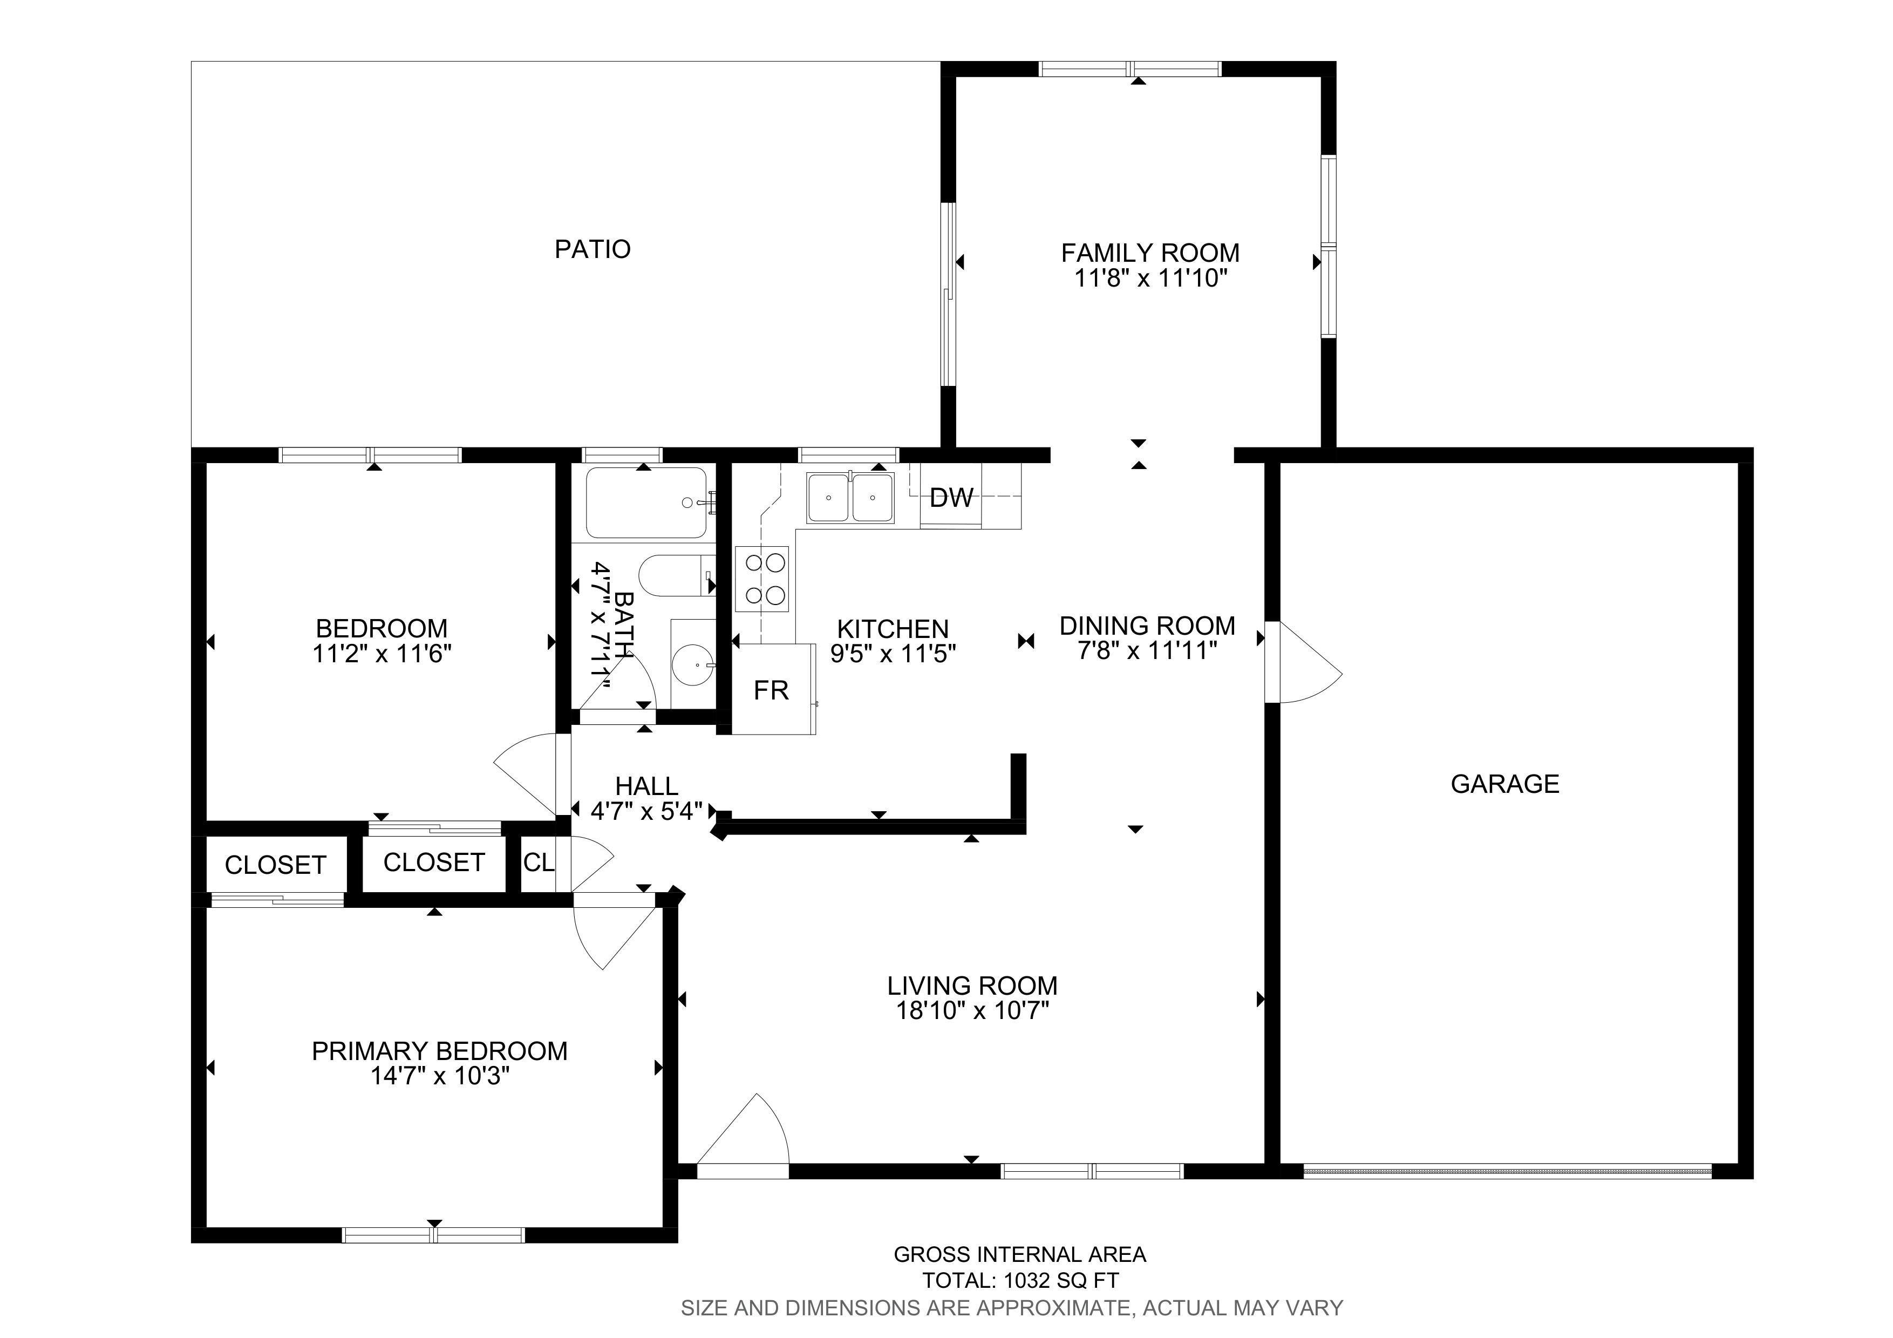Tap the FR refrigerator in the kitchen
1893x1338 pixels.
click(x=773, y=689)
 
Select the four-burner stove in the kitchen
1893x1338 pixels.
click(x=762, y=579)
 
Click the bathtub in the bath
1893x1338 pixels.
click(x=646, y=503)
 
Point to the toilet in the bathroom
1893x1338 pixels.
click(x=676, y=576)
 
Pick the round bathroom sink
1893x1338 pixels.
click(x=692, y=664)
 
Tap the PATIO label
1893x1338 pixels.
click(x=593, y=249)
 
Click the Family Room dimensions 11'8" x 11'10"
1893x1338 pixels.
click(x=1151, y=279)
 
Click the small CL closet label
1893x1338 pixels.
click(x=539, y=862)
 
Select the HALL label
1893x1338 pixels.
click(x=647, y=786)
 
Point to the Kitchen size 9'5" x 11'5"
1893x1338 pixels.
click(x=893, y=654)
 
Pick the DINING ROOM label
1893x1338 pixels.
click(x=1148, y=626)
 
